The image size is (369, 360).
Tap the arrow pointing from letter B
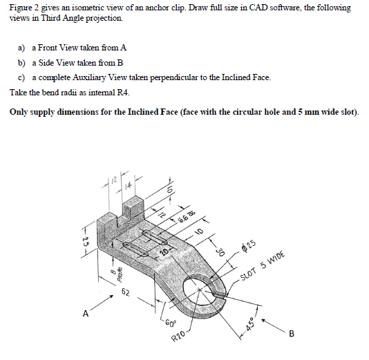tap(273, 324)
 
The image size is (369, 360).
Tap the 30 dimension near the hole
tap(223, 252)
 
